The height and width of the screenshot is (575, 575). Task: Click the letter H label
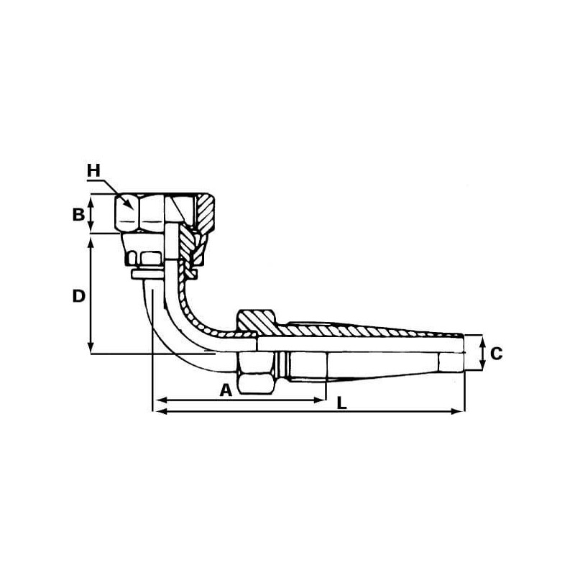(93, 170)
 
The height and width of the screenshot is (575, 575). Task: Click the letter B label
(78, 214)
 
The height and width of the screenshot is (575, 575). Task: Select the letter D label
(79, 296)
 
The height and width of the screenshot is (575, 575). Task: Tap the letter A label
(226, 390)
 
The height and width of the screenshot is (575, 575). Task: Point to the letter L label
(342, 403)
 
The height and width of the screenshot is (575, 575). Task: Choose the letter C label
(496, 354)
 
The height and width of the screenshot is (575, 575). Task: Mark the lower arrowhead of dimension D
(91, 349)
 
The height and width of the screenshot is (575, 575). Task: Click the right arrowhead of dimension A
(321, 400)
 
